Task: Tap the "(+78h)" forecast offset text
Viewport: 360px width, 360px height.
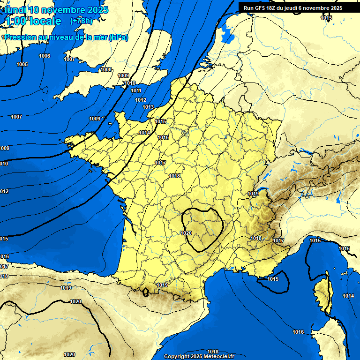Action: [81, 21]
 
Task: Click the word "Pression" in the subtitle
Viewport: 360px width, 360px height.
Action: [21, 37]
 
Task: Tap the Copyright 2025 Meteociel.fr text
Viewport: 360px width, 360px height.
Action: [199, 356]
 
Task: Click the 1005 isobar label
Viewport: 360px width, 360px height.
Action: [22, 64]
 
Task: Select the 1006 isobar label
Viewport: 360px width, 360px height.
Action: [45, 56]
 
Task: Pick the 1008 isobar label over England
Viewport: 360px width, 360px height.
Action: [106, 69]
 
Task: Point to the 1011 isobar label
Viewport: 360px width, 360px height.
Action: [136, 90]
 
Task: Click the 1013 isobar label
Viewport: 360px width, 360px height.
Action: [148, 107]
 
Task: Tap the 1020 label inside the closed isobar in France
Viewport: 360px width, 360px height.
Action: [186, 233]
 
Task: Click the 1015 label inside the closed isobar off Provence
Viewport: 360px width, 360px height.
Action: [273, 279]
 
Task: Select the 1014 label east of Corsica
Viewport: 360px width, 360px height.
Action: [348, 296]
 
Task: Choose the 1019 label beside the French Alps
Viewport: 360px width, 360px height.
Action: [253, 194]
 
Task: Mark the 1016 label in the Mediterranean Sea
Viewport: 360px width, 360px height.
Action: [298, 332]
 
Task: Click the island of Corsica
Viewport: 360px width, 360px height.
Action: [322, 293]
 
